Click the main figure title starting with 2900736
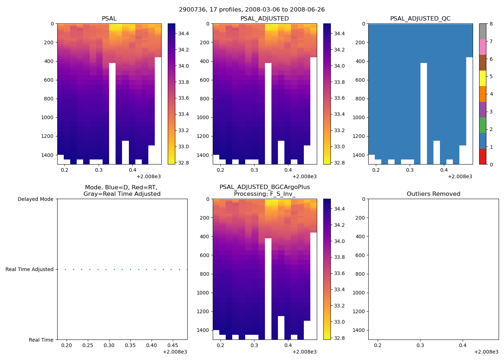(252, 10)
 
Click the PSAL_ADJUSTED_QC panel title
(420, 19)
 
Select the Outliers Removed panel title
(433, 194)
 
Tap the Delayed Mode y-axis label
(35, 199)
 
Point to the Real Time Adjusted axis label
(30, 269)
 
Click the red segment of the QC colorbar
(482, 157)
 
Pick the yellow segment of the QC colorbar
(482, 78)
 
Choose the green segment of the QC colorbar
(482, 125)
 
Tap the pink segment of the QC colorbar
(482, 47)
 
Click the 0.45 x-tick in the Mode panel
(173, 346)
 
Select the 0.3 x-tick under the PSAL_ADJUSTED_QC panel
(410, 170)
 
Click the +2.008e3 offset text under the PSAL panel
(148, 176)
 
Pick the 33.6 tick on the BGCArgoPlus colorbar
(339, 273)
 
